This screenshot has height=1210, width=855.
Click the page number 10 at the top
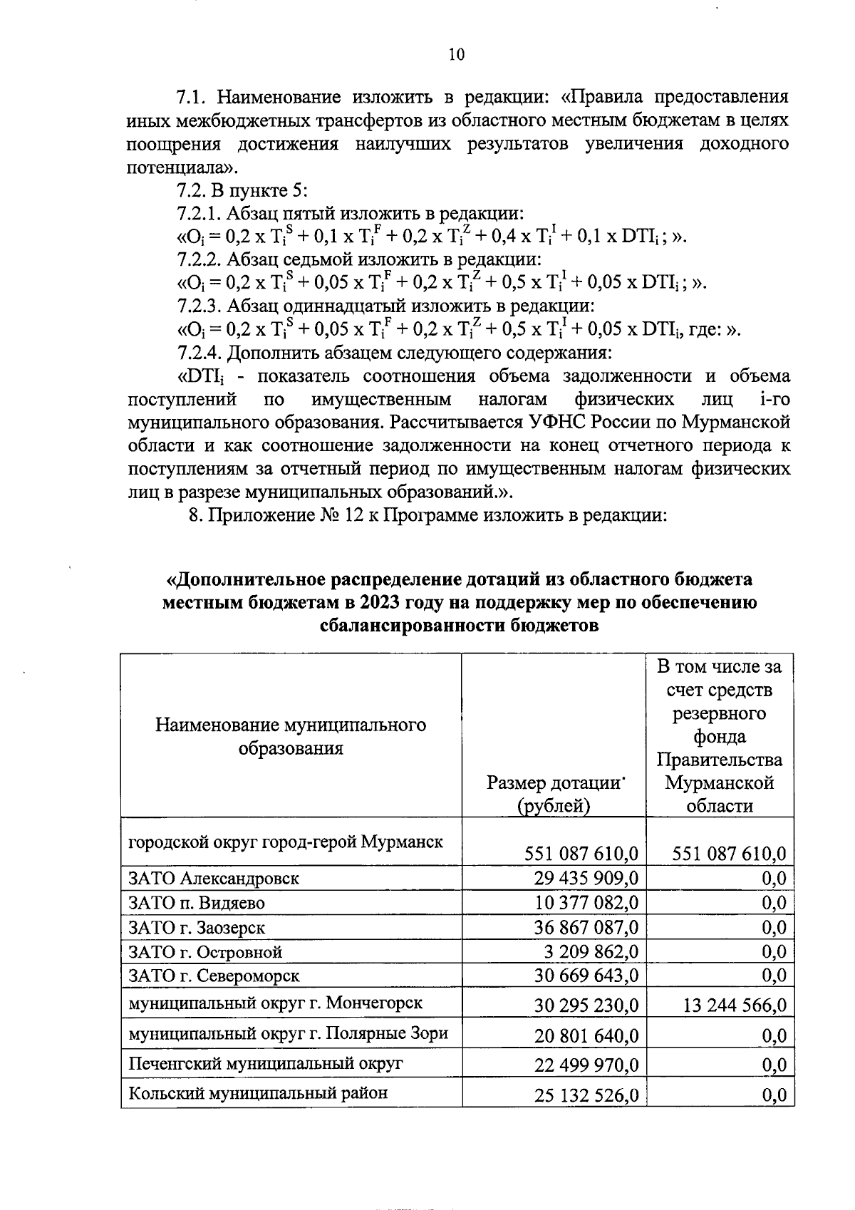[x=457, y=54]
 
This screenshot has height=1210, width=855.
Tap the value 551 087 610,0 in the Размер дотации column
[x=581, y=853]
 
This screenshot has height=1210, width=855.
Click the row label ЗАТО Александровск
[x=213, y=878]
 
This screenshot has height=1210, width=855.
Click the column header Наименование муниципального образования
[x=291, y=737]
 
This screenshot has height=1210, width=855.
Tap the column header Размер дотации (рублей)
[x=554, y=794]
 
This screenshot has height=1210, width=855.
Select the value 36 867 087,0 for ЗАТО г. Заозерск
[x=586, y=927]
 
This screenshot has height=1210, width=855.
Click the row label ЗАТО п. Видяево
[x=196, y=903]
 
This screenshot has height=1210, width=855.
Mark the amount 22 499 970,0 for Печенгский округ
[x=586, y=1065]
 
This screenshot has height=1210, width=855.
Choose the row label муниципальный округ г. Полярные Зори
[x=288, y=1033]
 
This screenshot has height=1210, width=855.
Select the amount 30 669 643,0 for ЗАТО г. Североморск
[x=586, y=975]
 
